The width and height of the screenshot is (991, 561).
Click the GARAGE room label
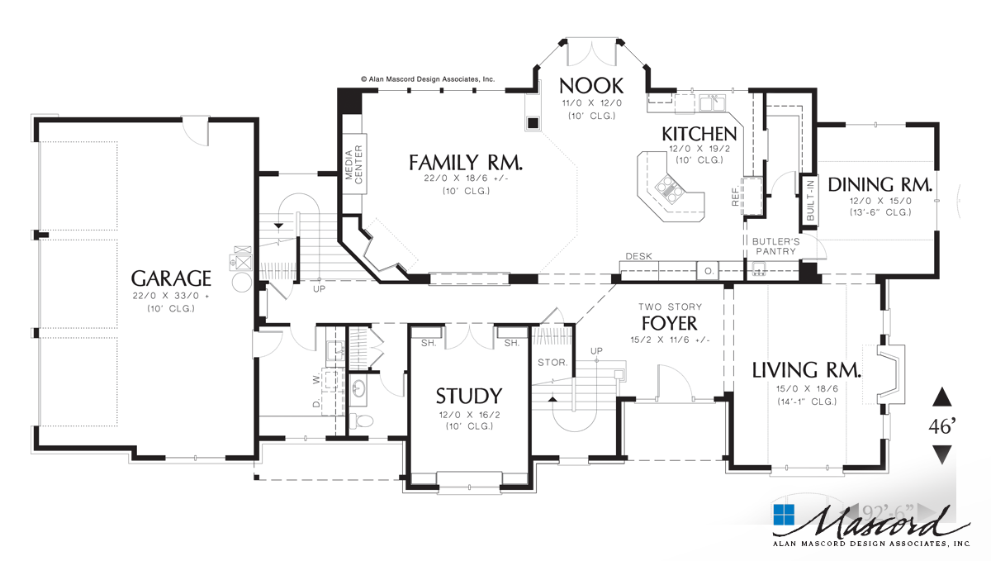click(x=171, y=278)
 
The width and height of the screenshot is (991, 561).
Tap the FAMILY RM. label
click(x=467, y=162)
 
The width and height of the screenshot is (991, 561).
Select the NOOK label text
click(x=590, y=85)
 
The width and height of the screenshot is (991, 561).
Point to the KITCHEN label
click(x=699, y=134)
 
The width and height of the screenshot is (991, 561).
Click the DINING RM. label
click(x=880, y=184)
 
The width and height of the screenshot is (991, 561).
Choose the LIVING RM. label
click(x=806, y=370)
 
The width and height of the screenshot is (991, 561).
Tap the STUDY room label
click(x=468, y=395)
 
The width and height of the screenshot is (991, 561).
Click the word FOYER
click(x=669, y=323)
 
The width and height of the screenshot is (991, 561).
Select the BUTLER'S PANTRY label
click(x=774, y=245)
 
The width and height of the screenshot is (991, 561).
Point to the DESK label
click(x=638, y=256)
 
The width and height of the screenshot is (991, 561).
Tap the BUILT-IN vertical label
click(x=809, y=198)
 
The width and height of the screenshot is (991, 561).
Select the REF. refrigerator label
click(x=735, y=196)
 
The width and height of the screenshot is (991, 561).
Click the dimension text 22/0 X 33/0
click(x=171, y=295)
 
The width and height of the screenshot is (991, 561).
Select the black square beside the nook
click(x=533, y=123)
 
